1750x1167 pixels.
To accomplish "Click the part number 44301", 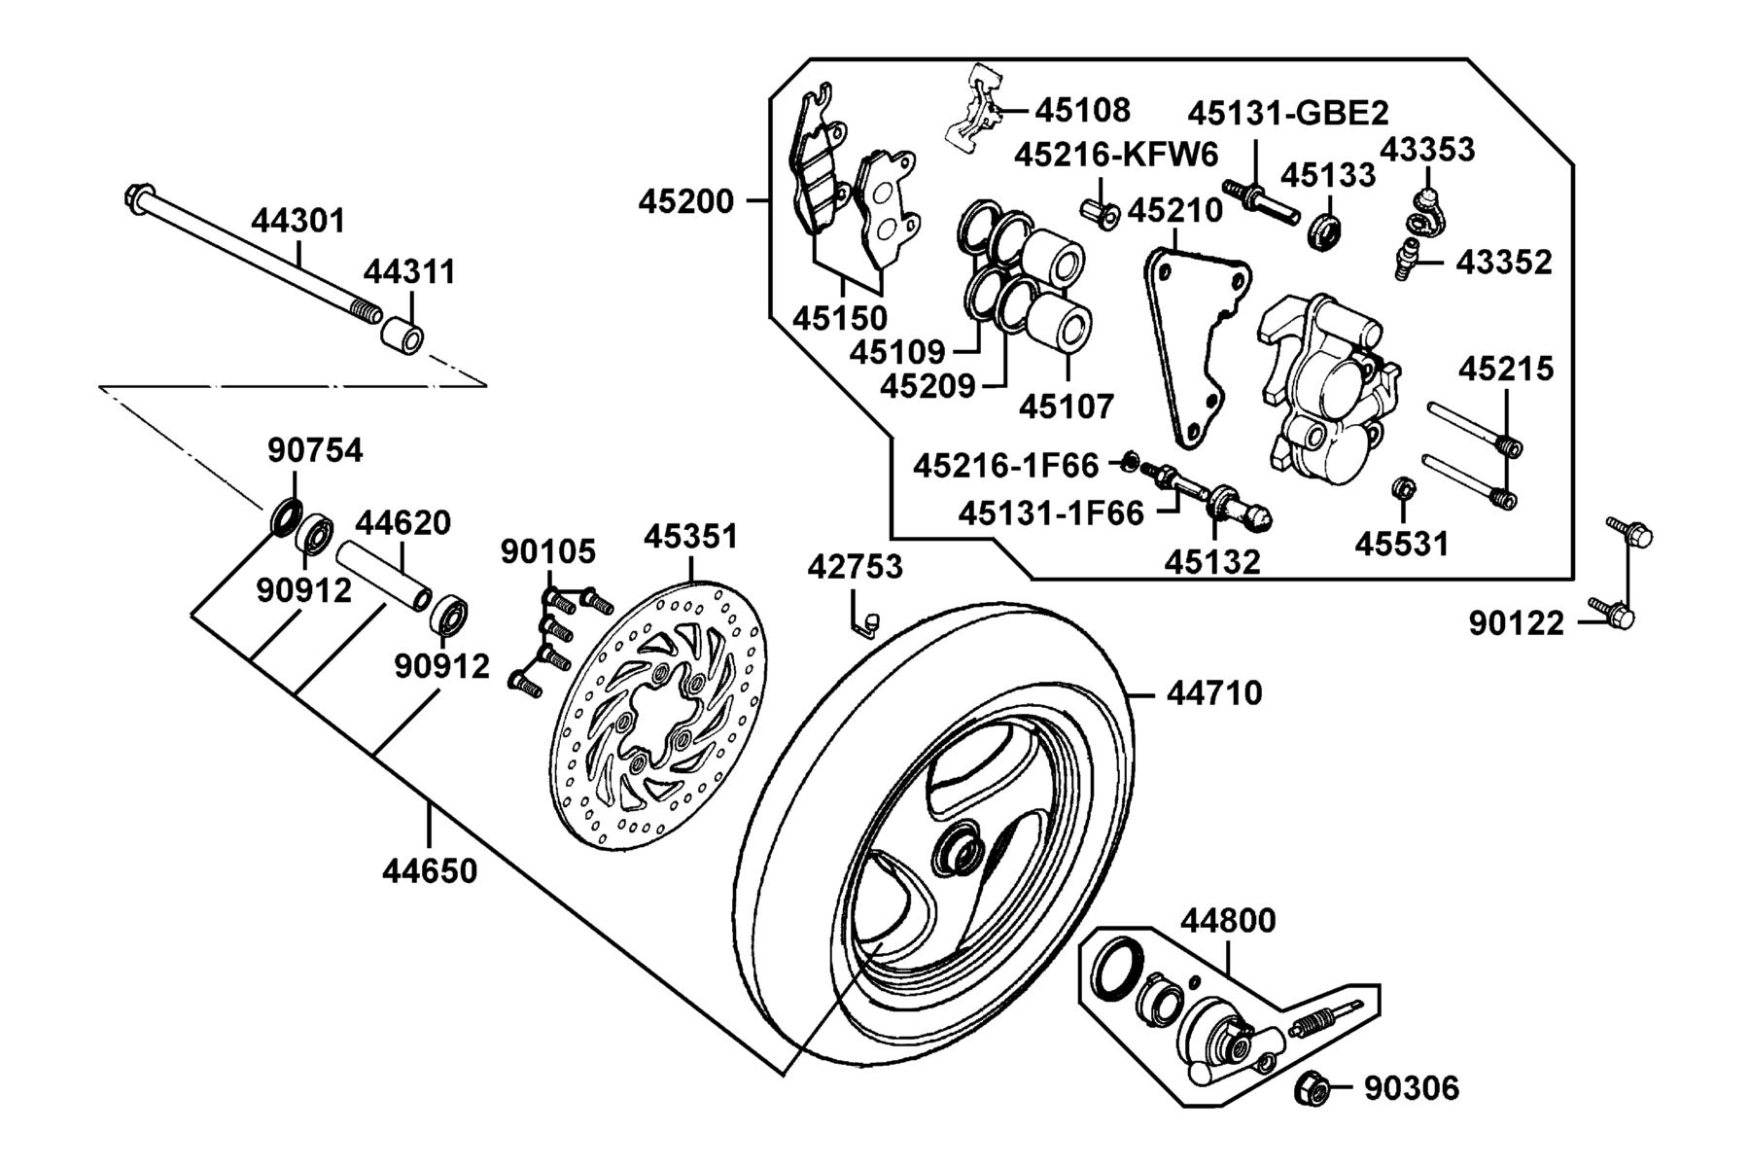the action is (298, 221).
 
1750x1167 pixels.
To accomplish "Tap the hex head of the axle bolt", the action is (138, 198).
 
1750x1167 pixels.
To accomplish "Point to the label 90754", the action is (315, 450).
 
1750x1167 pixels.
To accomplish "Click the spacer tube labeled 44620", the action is (383, 582).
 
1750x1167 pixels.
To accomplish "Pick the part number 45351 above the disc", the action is (691, 536).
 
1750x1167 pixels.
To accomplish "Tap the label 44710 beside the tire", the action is (1214, 693).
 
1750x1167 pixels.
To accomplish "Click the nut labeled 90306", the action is (1312, 1088).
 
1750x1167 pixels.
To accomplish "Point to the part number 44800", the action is (1228, 920).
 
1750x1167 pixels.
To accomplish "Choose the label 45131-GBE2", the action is (1288, 114).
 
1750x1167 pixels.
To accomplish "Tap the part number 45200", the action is (685, 201).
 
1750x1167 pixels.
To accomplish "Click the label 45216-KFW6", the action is (1117, 154).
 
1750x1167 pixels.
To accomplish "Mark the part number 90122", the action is (1516, 623).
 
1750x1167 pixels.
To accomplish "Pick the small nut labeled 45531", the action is (1402, 488).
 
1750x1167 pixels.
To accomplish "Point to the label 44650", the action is (429, 870).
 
